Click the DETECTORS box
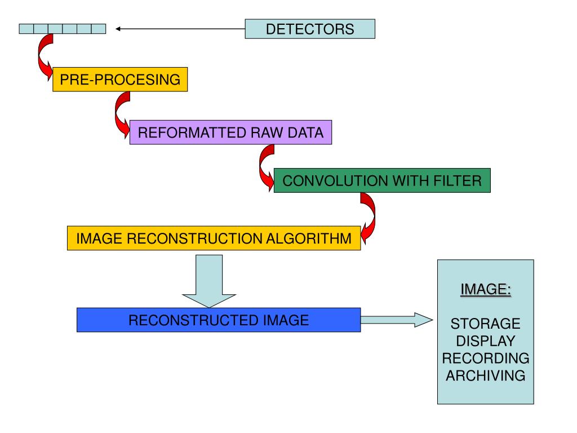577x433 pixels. click(310, 29)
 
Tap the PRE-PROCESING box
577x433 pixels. click(120, 79)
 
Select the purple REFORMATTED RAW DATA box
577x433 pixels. click(230, 132)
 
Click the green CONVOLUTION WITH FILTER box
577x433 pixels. click(382, 180)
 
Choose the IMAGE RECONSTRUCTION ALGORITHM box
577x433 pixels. click(214, 238)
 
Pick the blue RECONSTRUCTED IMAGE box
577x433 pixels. click(219, 320)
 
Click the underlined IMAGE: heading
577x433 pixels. click(486, 289)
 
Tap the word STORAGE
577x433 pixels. click(485, 324)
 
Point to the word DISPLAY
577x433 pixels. click(485, 341)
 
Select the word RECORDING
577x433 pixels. click(485, 358)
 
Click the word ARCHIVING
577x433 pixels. click(485, 375)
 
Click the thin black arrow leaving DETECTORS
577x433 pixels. click(180, 29)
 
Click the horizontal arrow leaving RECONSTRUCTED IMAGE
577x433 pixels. click(397, 320)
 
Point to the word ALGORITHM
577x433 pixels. click(309, 238)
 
